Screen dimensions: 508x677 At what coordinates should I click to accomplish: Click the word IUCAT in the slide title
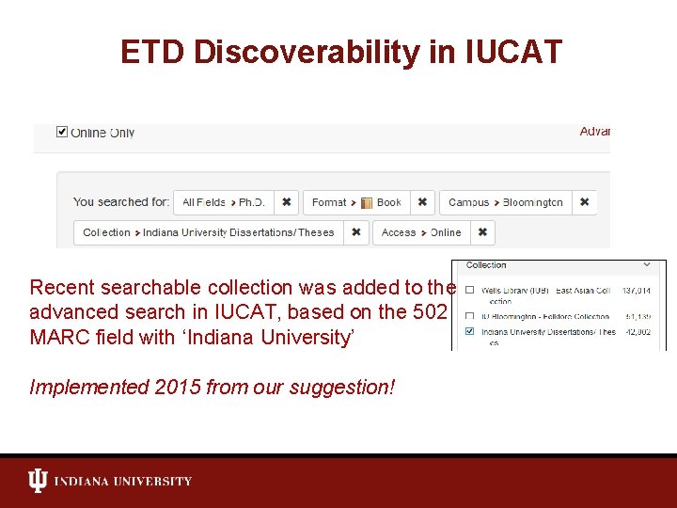pyautogui.click(x=513, y=52)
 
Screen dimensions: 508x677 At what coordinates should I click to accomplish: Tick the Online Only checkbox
pyautogui.click(x=62, y=132)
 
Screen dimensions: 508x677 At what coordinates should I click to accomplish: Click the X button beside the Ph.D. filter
pyautogui.click(x=287, y=202)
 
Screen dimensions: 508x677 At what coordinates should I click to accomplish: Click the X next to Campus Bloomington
pyautogui.click(x=584, y=202)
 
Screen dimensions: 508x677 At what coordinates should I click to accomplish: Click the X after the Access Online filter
pyautogui.click(x=482, y=232)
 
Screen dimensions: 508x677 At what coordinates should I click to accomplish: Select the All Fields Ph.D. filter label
pyautogui.click(x=224, y=202)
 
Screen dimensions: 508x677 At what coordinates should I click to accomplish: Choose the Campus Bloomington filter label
pyautogui.click(x=506, y=202)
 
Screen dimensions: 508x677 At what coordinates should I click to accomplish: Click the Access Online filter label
pyautogui.click(x=421, y=232)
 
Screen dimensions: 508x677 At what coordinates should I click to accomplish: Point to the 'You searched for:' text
pyautogui.click(x=121, y=202)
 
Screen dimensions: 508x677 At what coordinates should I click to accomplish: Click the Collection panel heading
pyautogui.click(x=486, y=265)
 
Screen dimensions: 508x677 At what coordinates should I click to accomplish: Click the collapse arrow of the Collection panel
pyautogui.click(x=647, y=265)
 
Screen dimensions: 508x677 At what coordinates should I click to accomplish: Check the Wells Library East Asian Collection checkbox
pyautogui.click(x=469, y=291)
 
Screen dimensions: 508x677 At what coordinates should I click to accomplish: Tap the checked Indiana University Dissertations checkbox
pyautogui.click(x=469, y=331)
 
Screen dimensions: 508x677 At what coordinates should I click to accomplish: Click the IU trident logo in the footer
pyautogui.click(x=38, y=482)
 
